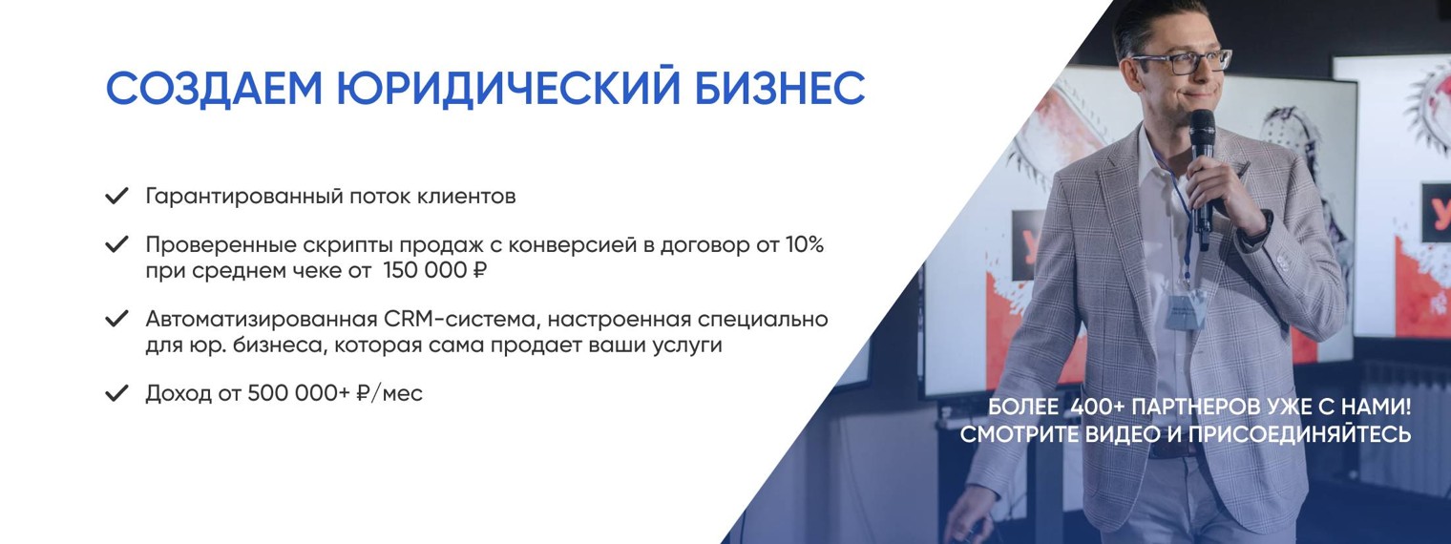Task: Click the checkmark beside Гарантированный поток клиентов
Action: tap(116, 197)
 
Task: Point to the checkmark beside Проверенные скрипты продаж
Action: tap(116, 244)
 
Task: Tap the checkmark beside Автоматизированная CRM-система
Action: tap(116, 319)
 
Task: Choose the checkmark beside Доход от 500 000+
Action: tap(116, 393)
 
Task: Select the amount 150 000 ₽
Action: tap(434, 271)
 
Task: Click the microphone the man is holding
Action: tap(1202, 162)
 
